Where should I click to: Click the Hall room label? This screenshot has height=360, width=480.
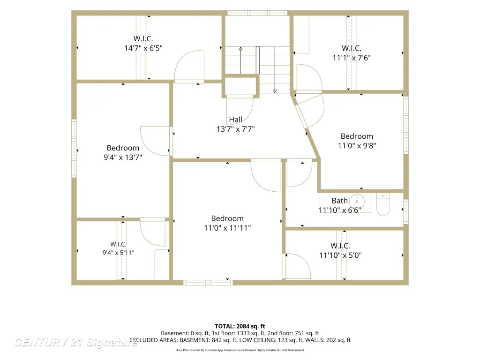[x=235, y=120]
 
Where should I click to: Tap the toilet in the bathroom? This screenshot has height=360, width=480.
[x=383, y=204]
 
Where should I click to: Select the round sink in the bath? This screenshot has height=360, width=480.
[x=357, y=201]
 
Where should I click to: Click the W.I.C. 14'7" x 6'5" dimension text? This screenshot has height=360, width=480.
[x=143, y=48]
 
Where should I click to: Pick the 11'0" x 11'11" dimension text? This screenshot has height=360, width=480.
[x=227, y=228]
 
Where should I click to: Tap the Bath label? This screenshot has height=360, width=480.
[x=339, y=201]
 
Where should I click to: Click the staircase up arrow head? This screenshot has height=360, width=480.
[x=240, y=49]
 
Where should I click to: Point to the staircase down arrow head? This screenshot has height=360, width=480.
[x=275, y=91]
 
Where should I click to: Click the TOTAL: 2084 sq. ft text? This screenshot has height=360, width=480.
[x=240, y=326]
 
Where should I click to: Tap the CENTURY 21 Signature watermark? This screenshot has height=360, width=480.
[x=76, y=342]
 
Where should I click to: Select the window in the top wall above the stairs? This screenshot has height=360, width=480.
[x=257, y=13]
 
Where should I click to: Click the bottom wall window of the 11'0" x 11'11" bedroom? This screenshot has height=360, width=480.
[x=208, y=283]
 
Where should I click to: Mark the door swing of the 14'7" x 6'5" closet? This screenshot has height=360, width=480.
[x=189, y=66]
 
